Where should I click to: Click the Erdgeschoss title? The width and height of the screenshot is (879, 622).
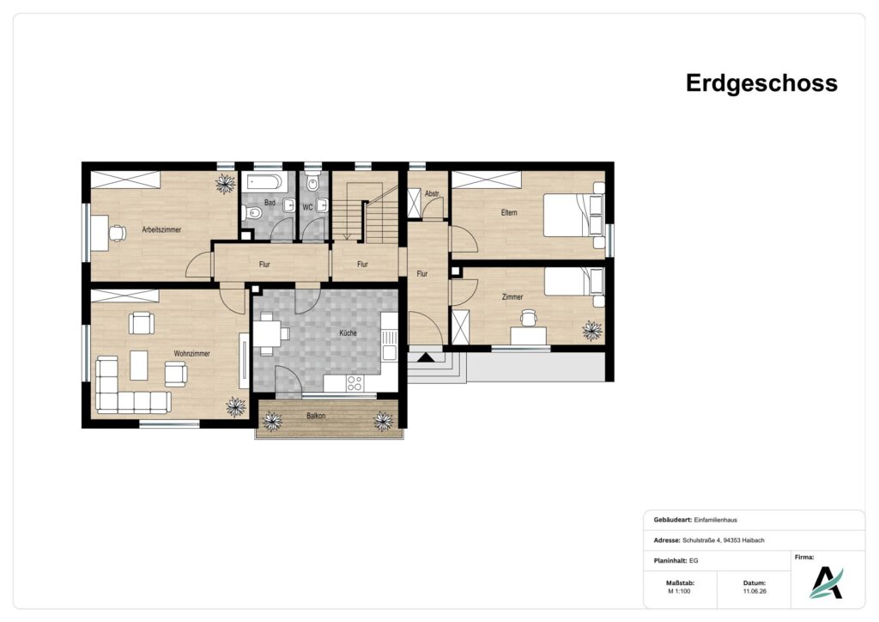(x=761, y=83)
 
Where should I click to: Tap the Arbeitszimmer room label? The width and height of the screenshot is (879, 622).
(x=161, y=229)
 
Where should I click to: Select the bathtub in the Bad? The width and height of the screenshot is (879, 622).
(x=263, y=181)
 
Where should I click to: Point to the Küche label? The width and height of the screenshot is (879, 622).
(x=348, y=332)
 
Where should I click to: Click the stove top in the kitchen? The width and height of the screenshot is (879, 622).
(x=355, y=383)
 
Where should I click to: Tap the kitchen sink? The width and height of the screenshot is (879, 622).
(x=389, y=345)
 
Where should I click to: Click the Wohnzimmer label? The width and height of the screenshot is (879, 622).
(x=191, y=353)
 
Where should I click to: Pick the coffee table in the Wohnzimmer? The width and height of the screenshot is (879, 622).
(x=139, y=365)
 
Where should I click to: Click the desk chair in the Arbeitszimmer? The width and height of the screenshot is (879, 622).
(x=117, y=232)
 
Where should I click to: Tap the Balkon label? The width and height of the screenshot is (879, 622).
(x=316, y=416)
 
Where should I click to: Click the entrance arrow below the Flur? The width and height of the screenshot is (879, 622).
(x=426, y=357)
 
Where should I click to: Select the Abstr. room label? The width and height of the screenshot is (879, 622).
(x=432, y=193)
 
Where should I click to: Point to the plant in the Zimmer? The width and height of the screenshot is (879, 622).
(x=591, y=331)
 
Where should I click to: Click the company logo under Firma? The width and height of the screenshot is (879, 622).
(x=826, y=582)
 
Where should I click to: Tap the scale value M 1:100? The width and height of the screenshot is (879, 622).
(x=679, y=591)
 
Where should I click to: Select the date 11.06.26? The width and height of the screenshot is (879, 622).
(x=755, y=591)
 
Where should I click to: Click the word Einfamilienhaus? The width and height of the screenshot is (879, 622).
(x=715, y=520)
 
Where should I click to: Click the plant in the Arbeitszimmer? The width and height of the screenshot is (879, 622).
(x=226, y=183)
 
